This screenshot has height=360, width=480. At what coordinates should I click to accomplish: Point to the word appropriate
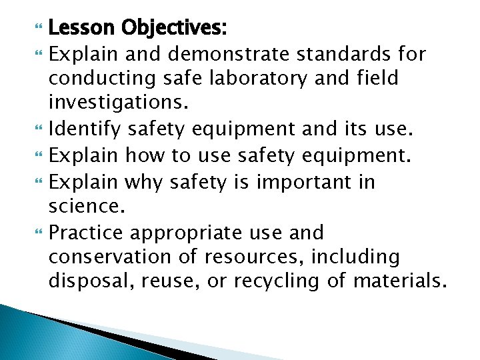pos(190,233)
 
